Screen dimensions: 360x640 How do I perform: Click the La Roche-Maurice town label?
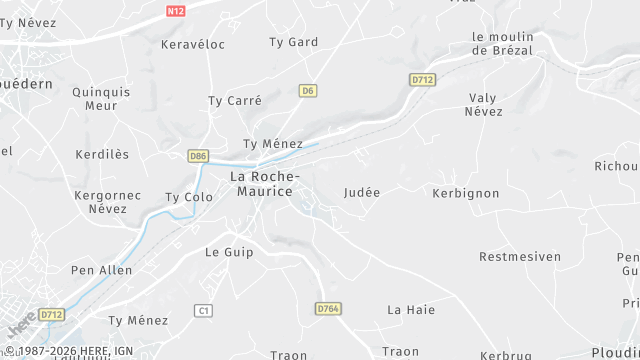(x=262, y=183)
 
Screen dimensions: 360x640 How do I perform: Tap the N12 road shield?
(x=176, y=11)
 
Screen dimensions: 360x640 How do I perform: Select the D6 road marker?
(x=308, y=91)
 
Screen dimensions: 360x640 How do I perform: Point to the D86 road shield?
(x=198, y=156)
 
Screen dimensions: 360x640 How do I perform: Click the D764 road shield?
(x=328, y=309)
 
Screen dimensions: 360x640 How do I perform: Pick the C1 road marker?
(x=204, y=311)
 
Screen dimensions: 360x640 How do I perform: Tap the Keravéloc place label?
(x=193, y=45)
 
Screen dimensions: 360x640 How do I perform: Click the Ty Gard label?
(x=294, y=42)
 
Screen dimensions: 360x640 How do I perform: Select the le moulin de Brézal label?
(x=502, y=43)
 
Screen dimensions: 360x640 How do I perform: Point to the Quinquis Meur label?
(x=102, y=98)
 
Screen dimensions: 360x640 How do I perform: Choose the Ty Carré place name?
(x=235, y=101)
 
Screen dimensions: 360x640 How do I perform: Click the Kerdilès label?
(x=103, y=155)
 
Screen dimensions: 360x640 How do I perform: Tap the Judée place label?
(x=362, y=192)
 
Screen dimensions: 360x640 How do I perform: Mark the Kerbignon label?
(x=466, y=192)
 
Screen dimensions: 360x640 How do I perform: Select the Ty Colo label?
(x=189, y=197)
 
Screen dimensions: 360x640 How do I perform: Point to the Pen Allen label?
(x=102, y=270)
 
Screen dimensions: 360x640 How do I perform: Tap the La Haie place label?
(x=411, y=310)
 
